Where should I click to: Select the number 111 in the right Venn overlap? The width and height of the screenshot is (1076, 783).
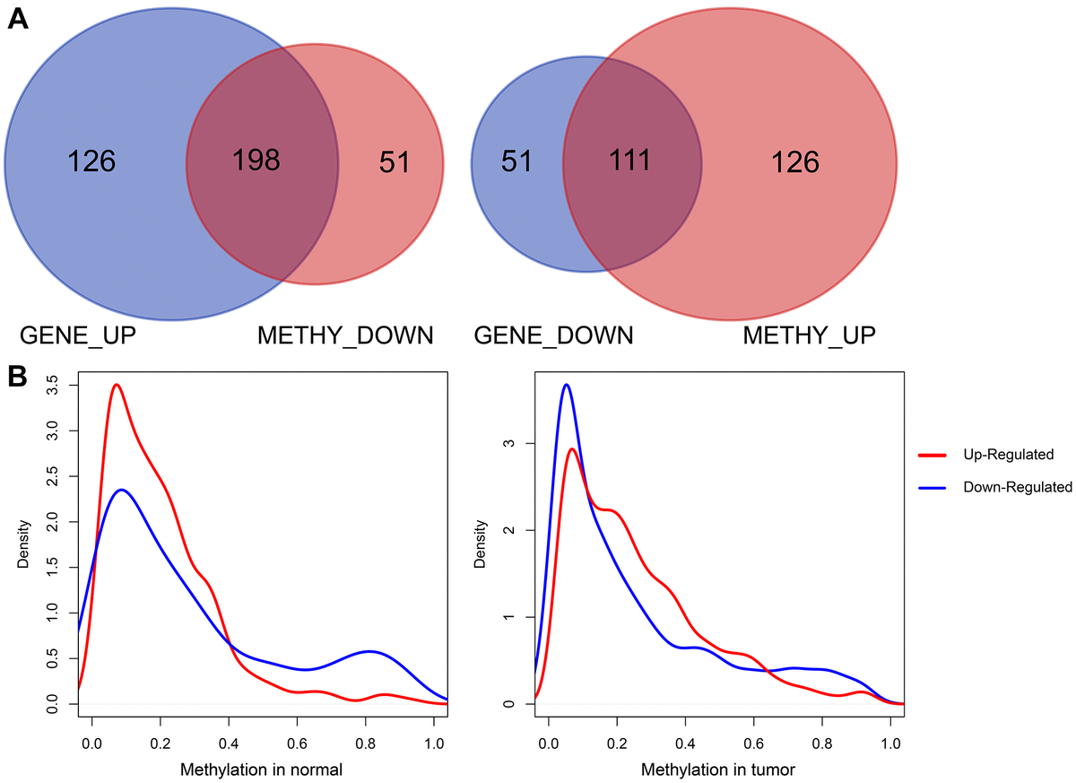click(631, 161)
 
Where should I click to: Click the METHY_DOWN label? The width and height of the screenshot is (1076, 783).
click(345, 336)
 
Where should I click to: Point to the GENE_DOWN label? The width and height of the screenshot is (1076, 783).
click(553, 336)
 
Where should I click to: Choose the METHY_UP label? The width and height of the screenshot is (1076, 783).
click(810, 336)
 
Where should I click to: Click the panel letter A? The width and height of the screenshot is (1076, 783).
click(17, 19)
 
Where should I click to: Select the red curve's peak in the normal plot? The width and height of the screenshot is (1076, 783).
click(115, 385)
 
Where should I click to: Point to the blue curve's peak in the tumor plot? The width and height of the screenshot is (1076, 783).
click(566, 385)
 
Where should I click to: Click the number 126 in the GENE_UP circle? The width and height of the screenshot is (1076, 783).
click(91, 161)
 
